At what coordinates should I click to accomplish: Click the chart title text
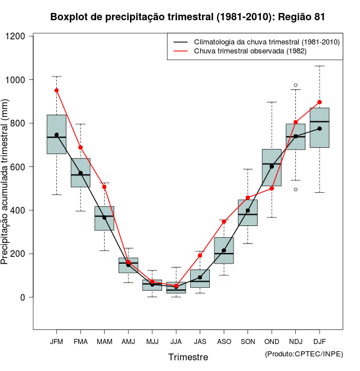coord(187,17)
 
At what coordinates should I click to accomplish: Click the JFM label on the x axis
coord(56,341)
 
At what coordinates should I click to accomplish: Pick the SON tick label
coord(247,341)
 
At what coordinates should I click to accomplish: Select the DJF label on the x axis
coord(319,341)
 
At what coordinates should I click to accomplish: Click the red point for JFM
coord(56,90)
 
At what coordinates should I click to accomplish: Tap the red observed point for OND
coord(272,188)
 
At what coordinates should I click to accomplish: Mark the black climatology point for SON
coord(247,211)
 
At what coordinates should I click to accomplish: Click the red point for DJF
coord(319,102)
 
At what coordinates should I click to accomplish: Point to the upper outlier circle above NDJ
coord(295,85)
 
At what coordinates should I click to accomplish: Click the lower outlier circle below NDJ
coord(295,189)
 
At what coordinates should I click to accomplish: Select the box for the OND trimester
coord(272,168)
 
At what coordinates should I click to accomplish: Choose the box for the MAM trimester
coord(104,219)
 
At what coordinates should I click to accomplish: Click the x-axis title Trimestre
coord(188,357)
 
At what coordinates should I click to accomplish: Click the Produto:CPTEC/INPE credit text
coord(304,354)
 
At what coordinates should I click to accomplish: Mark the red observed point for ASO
coord(224,221)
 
